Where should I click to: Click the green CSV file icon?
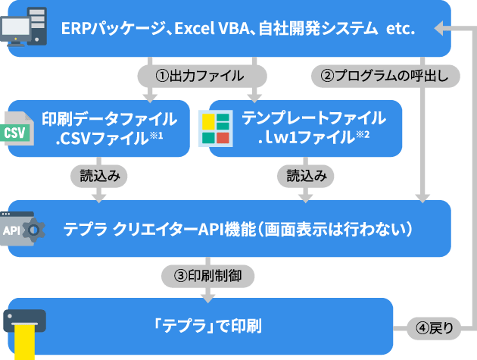[x=16, y=130]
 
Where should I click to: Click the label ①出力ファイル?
[x=200, y=76]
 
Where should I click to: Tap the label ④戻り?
[x=435, y=328]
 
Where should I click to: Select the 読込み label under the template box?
[x=306, y=176]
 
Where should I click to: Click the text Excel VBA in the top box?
[x=209, y=30]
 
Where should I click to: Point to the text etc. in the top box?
[x=401, y=30]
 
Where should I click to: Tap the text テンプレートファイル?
[x=313, y=118]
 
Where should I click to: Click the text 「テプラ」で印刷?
[x=207, y=327]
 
